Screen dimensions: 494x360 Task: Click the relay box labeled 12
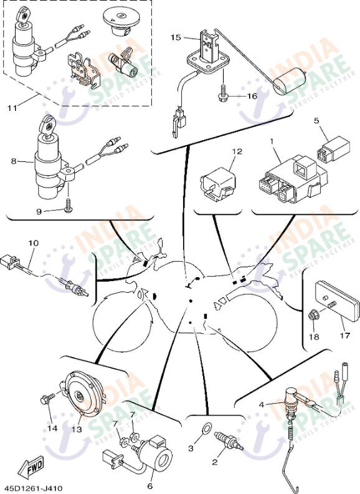216,184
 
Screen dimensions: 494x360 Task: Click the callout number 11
12,108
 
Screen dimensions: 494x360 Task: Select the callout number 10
33,242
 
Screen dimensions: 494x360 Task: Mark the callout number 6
149,486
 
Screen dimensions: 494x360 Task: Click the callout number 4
262,404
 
